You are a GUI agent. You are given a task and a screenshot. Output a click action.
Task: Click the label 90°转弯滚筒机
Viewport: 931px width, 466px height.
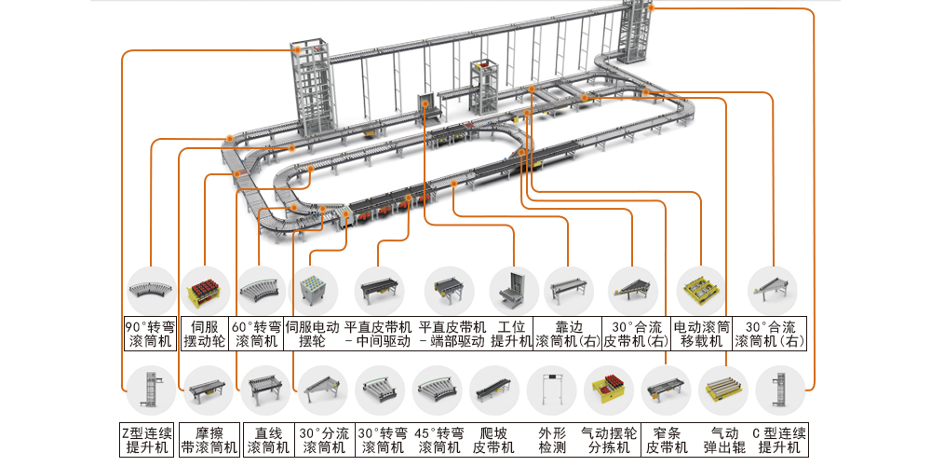149,334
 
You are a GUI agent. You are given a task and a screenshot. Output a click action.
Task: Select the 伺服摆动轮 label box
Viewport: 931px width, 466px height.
205,334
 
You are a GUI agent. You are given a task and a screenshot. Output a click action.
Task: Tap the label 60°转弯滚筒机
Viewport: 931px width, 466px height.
257,334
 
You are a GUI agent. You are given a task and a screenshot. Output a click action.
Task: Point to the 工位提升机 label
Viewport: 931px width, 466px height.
513,334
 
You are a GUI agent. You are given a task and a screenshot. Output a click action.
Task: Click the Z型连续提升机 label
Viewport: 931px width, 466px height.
149,440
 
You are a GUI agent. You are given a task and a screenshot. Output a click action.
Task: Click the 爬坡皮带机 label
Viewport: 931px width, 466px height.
493,440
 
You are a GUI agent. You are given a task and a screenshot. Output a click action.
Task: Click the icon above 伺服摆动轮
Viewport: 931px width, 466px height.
205,291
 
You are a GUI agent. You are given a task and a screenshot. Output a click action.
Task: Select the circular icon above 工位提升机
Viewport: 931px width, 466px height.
513,291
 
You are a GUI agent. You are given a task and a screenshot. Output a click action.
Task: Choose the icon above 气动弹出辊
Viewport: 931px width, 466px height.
723,390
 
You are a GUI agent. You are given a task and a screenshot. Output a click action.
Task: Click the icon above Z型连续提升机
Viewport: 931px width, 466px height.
149,390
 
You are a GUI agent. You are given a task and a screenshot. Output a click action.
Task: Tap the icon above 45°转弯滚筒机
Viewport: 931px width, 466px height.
437,390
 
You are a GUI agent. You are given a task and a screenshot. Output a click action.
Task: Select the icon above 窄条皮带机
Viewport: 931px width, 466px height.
666,390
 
